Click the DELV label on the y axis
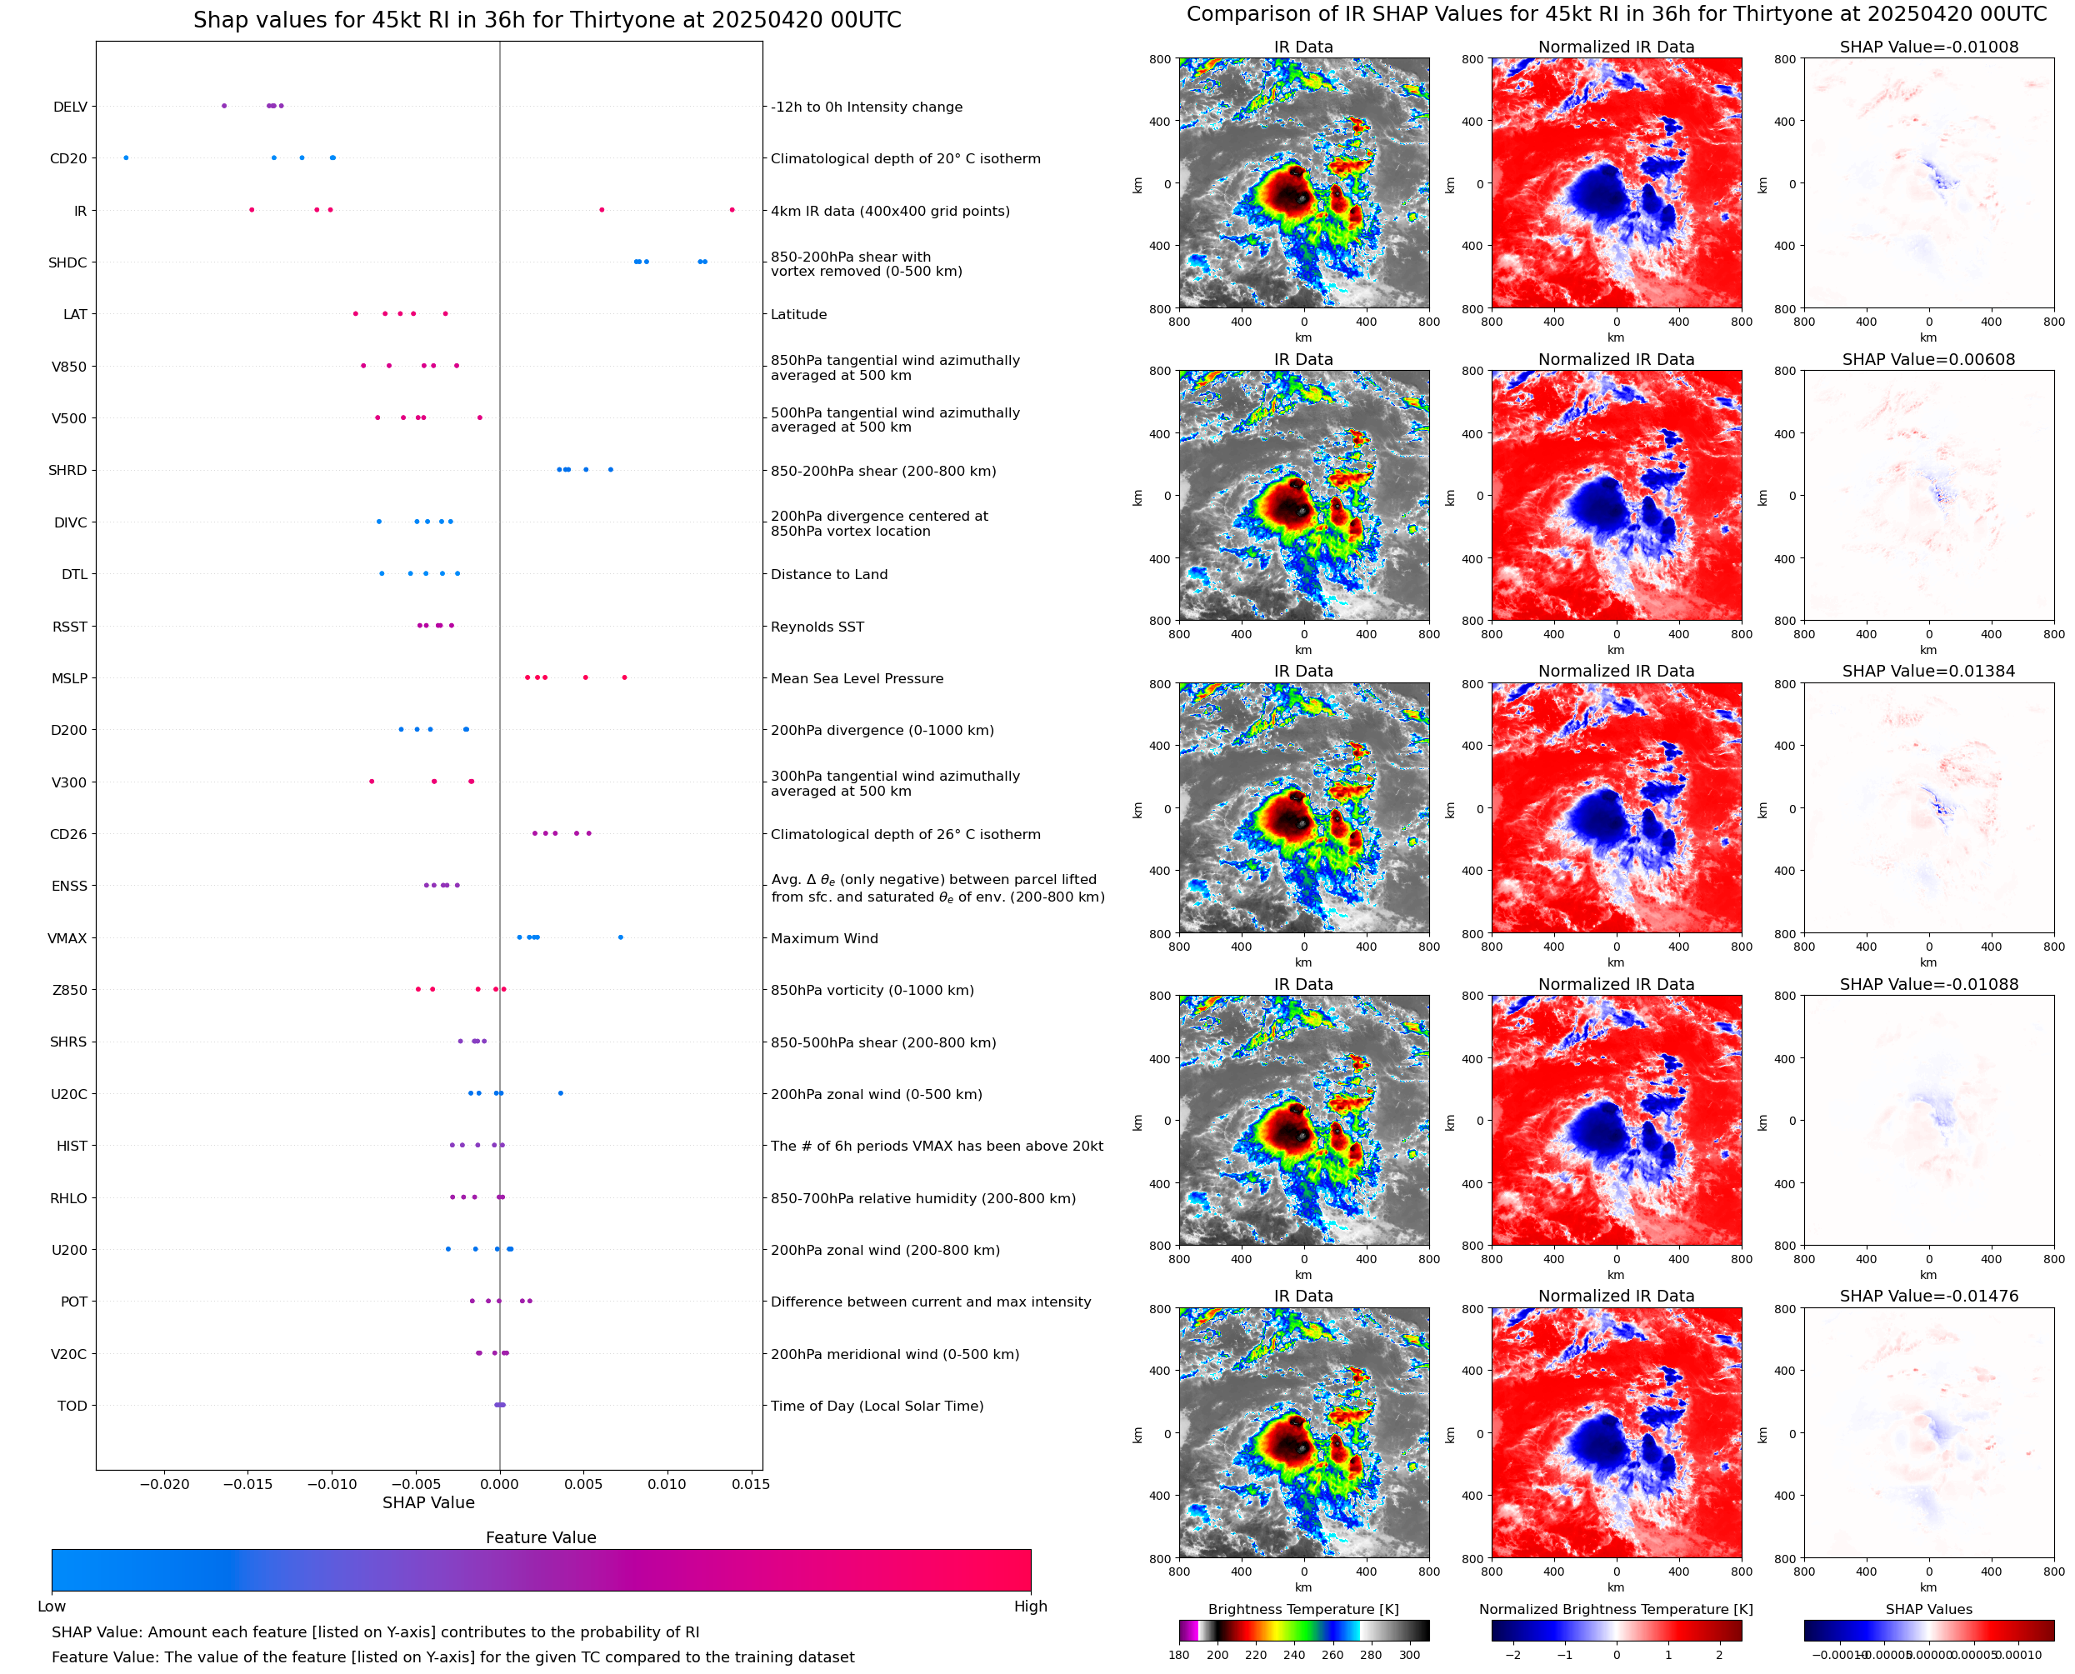69,107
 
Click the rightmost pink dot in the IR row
732,210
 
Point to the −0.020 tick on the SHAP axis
165,1484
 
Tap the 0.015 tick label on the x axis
750,1484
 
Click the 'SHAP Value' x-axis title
428,1502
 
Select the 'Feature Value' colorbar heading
541,1537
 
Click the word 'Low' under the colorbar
51,1607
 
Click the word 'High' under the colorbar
1030,1607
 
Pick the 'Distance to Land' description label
828,575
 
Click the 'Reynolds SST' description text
817,627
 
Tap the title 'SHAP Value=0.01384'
1928,671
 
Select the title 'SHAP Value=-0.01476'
1928,1296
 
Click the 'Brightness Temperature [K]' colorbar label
1302,1609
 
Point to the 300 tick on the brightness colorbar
1410,1655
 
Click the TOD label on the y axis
72,1406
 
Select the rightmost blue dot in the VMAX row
620,937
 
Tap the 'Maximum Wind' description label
824,938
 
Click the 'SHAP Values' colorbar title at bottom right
1928,1609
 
